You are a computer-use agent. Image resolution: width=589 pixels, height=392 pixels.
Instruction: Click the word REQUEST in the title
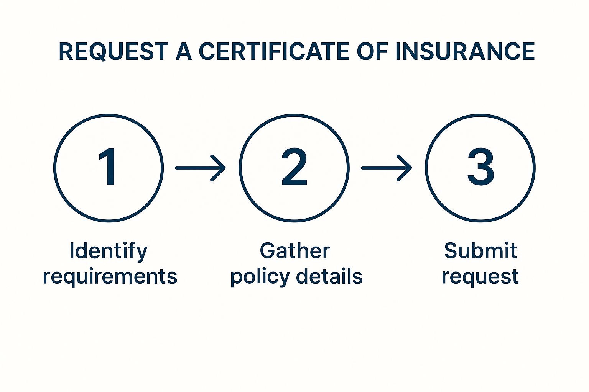point(113,51)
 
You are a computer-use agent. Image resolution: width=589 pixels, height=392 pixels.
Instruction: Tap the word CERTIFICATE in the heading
point(273,51)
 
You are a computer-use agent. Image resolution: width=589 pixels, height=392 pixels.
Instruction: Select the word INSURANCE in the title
point(465,51)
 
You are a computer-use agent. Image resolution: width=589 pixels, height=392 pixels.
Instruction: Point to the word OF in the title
point(372,51)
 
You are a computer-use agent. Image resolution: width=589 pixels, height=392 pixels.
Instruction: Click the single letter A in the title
point(184,51)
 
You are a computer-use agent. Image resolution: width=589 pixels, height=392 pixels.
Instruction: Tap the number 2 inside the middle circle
point(294,167)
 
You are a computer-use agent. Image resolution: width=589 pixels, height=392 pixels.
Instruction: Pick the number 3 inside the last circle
point(480,167)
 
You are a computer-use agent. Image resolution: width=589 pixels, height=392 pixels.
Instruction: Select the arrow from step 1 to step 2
point(201,168)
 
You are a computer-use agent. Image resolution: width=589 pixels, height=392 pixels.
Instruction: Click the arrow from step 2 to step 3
point(387,168)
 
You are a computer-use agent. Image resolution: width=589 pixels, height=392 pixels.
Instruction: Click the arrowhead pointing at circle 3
point(405,168)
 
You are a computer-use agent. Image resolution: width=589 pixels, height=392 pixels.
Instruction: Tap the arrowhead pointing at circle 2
point(218,168)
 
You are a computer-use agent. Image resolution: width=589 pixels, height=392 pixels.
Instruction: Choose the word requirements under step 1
point(110,277)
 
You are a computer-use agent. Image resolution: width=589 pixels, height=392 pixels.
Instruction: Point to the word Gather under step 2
point(295,251)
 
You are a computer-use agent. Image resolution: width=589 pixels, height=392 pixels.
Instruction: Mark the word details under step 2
point(329,276)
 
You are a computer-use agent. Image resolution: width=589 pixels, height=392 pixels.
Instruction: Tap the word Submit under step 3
point(480,251)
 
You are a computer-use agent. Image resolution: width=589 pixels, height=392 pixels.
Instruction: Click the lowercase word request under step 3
point(480,277)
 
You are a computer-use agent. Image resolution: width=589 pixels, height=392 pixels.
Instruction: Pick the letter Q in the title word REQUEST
point(98,52)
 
